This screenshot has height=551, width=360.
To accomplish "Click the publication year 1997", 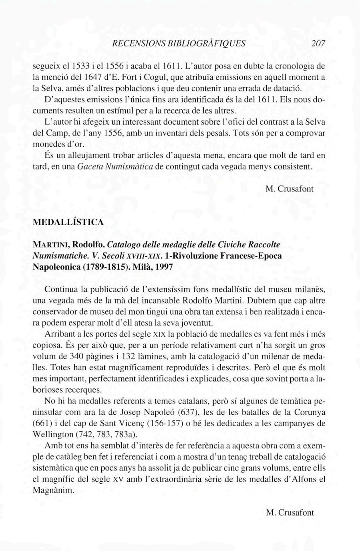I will click(x=165, y=267).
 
